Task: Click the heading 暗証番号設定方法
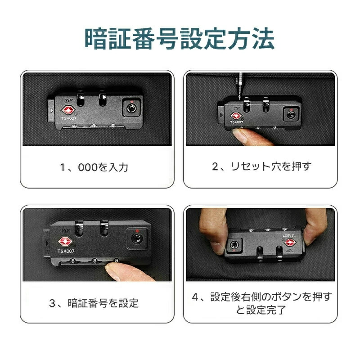(x=180, y=39)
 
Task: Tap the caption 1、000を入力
(x=94, y=167)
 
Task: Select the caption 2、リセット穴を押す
(x=262, y=166)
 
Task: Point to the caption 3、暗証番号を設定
(x=94, y=303)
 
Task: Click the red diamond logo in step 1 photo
(x=68, y=110)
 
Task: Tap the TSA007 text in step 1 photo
(x=69, y=118)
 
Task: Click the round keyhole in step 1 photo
(x=131, y=108)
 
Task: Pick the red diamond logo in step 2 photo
(x=235, y=116)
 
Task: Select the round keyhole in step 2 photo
(x=291, y=115)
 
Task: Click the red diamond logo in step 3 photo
(x=65, y=241)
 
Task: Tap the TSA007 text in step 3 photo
(x=66, y=251)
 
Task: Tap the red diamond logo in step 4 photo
(x=290, y=243)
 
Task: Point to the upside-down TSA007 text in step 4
(x=289, y=235)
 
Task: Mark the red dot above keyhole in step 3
(x=137, y=231)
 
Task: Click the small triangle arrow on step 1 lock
(x=51, y=111)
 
